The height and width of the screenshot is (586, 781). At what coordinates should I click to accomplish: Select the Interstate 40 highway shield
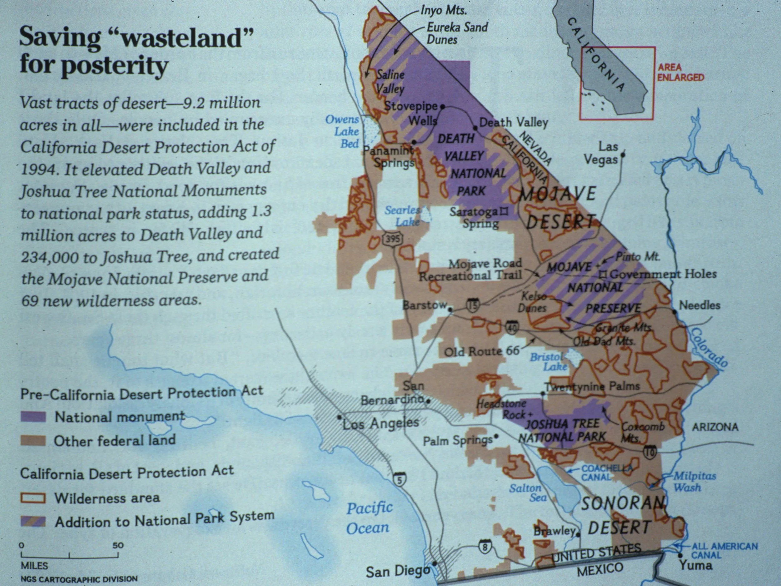[x=512, y=328]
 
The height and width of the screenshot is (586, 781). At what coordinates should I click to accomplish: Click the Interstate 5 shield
[x=399, y=480]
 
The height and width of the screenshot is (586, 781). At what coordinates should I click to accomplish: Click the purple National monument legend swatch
[x=33, y=417]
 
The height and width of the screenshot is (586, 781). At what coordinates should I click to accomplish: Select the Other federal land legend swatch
[x=33, y=441]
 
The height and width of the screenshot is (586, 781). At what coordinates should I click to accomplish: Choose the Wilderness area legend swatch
[x=33, y=498]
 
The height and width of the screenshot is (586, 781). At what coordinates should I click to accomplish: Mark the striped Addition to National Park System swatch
[x=33, y=522]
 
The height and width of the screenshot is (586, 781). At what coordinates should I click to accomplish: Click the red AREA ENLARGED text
[x=680, y=72]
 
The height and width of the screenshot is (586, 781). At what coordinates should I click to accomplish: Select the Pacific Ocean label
[x=369, y=518]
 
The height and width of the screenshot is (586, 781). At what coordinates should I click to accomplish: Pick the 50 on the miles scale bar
[x=118, y=545]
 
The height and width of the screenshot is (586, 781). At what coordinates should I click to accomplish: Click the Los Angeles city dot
[x=339, y=417]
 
